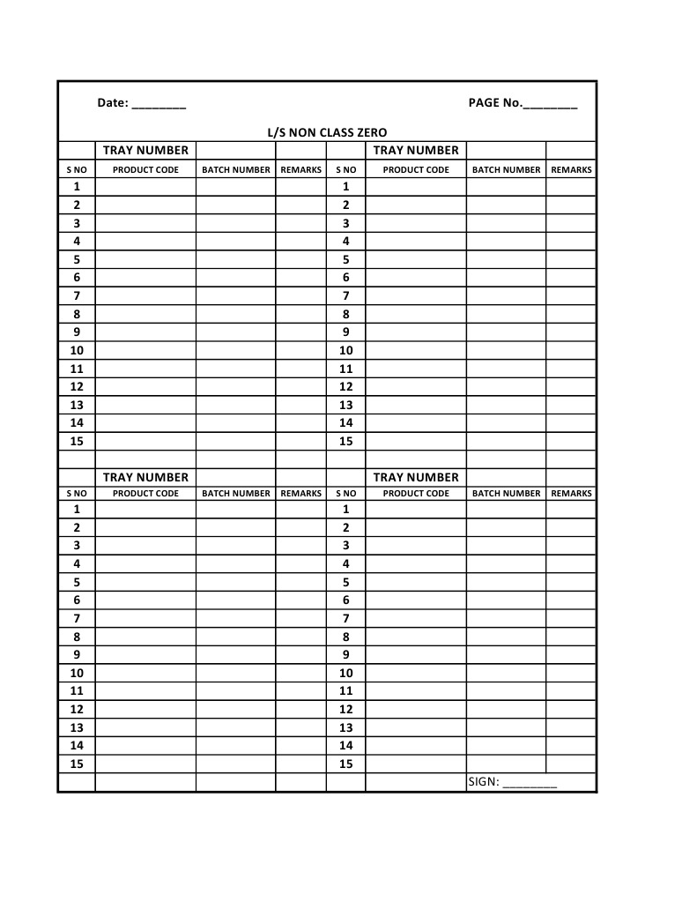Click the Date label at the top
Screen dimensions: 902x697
112,103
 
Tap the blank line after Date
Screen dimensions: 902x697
159,105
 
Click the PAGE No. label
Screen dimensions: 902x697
494,103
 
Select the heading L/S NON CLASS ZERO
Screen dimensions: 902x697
327,132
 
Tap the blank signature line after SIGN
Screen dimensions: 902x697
530,784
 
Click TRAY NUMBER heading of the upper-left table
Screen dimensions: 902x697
145,150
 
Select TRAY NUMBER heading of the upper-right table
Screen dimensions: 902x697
416,150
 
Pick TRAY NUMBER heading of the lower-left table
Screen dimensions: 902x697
145,477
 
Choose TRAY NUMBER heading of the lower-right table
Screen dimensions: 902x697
416,477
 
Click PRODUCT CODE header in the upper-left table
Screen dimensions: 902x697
145,169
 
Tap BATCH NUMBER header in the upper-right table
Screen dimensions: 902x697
506,169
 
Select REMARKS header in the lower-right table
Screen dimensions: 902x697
571,493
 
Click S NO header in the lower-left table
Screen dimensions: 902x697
77,493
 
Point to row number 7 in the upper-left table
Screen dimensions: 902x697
77,295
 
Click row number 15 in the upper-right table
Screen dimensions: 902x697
345,441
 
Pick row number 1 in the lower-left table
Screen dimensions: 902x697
77,509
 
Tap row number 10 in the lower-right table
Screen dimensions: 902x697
345,673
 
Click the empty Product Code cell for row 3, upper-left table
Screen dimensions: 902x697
145,223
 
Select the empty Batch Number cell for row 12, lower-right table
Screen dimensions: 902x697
506,709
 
